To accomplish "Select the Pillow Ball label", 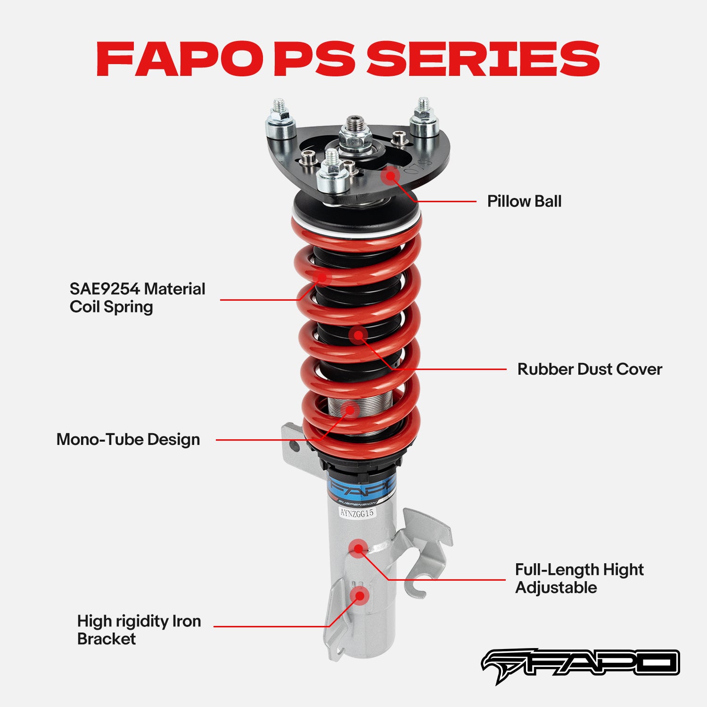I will [524, 201].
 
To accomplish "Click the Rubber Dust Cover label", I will [589, 369].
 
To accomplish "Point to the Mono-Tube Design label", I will [128, 439].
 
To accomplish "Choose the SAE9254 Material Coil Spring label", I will [137, 298].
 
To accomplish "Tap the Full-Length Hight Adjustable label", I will [579, 578].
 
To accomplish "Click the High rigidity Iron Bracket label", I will [139, 630].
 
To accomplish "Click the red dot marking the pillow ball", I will [390, 176].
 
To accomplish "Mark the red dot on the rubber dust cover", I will [359, 335].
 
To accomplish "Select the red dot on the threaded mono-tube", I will [350, 409].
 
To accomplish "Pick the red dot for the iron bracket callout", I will [360, 596].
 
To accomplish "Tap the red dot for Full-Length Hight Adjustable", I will [359, 549].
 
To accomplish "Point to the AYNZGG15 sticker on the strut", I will [357, 513].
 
